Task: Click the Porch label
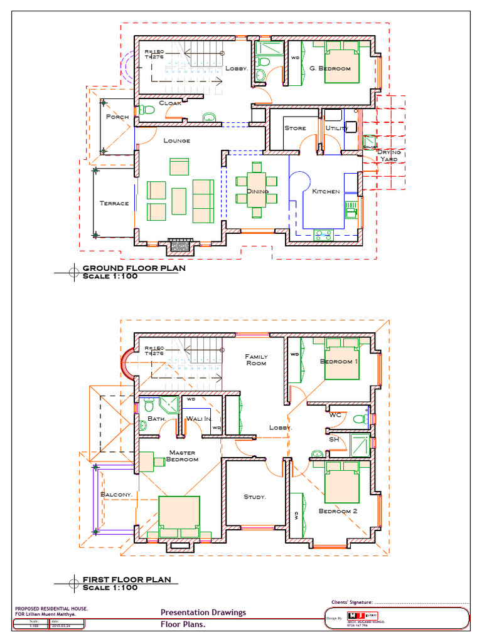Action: [117, 117]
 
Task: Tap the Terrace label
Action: [114, 203]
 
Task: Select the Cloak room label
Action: [170, 103]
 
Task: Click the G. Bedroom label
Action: [330, 68]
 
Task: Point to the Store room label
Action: [295, 128]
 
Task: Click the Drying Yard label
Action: [388, 155]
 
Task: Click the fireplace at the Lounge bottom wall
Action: [181, 246]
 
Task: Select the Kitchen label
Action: [326, 191]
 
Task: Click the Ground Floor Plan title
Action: [134, 268]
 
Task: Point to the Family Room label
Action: [255, 360]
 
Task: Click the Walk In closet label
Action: [199, 418]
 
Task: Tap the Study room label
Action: [255, 497]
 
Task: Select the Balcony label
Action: [116, 495]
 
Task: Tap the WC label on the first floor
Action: [335, 414]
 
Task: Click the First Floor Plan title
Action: [126, 580]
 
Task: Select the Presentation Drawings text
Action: [203, 613]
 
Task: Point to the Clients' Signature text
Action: [352, 602]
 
